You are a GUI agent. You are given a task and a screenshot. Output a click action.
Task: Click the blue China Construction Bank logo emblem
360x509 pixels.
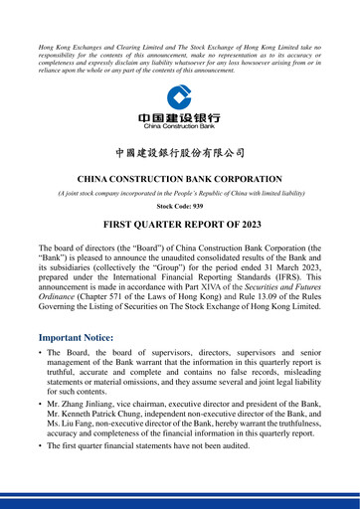point(180,98)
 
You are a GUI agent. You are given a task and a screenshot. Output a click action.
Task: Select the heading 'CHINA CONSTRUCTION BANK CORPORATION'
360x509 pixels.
point(180,179)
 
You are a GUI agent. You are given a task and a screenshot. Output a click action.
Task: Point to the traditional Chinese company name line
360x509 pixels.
point(180,154)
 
